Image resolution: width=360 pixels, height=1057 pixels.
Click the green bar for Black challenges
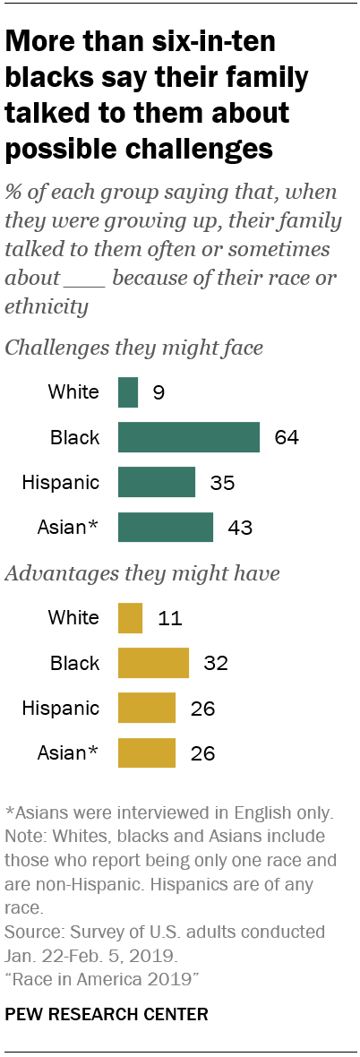(189, 437)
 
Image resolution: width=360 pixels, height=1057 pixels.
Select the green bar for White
(128, 392)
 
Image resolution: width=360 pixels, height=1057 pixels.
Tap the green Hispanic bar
(157, 482)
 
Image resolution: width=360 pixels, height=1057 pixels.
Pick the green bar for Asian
(166, 528)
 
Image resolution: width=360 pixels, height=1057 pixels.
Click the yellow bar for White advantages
(130, 618)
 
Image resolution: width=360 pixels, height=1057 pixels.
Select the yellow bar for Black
(153, 663)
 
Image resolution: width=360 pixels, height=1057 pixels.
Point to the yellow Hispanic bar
(147, 708)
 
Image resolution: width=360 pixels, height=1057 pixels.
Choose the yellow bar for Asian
(147, 753)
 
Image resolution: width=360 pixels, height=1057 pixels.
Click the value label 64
(286, 438)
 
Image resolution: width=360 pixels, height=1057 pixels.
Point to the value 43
(240, 528)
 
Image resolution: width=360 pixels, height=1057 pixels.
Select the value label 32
(216, 664)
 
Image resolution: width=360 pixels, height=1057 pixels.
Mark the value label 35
(222, 483)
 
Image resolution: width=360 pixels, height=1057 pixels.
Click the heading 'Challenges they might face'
(134, 348)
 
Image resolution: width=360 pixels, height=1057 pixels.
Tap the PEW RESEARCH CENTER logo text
(107, 1014)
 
